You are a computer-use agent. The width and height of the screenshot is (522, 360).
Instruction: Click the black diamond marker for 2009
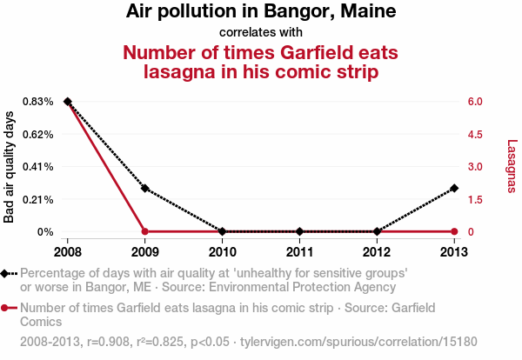[145, 189]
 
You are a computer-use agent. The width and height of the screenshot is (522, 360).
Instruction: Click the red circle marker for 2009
[145, 231]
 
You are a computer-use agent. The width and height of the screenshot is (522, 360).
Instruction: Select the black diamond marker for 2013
[454, 189]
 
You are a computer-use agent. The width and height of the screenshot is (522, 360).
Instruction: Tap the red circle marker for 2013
[454, 231]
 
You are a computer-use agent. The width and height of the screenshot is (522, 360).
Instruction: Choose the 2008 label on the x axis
[67, 252]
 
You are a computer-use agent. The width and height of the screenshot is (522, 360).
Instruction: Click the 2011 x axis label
[299, 252]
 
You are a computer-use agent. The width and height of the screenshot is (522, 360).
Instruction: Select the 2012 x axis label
[377, 252]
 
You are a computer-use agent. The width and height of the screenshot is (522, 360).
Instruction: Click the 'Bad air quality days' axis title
[9, 166]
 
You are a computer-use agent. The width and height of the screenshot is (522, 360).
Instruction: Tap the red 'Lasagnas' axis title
[512, 166]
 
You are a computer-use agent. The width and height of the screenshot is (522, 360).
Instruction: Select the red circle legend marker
[6, 308]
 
